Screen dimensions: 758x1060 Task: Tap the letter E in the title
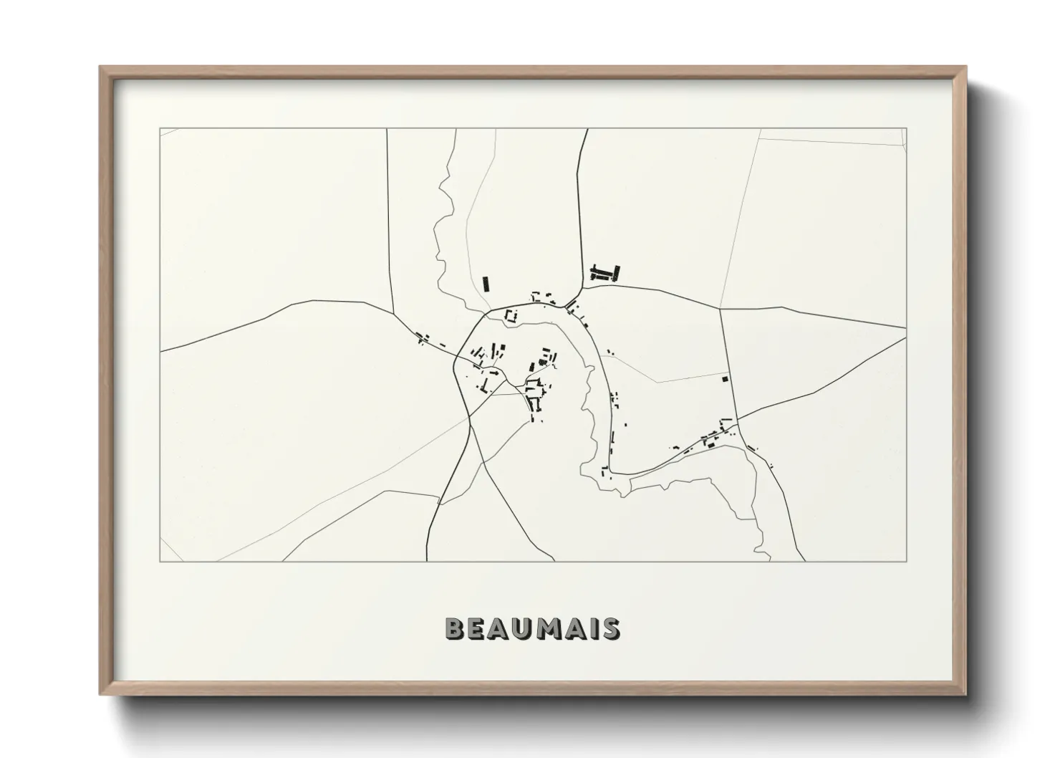click(x=476, y=628)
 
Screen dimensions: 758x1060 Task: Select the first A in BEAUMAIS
click(x=498, y=628)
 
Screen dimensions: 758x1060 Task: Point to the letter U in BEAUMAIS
click(x=521, y=628)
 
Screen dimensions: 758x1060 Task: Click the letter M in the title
click(x=546, y=628)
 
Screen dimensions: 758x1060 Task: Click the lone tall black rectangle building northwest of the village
click(x=486, y=284)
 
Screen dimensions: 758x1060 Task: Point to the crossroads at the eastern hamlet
click(x=737, y=420)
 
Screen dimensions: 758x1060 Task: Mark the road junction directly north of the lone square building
click(x=721, y=310)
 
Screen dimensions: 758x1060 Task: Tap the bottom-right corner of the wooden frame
click(x=965, y=694)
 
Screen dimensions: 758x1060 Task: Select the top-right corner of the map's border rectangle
click(x=906, y=129)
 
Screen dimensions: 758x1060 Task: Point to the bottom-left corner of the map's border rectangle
click(x=160, y=561)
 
